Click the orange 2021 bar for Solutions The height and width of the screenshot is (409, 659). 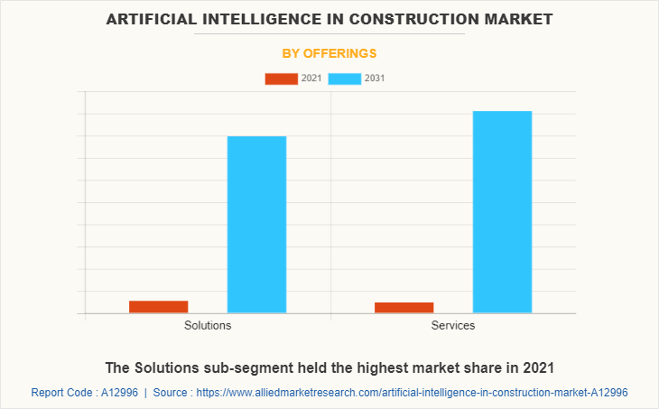point(158,307)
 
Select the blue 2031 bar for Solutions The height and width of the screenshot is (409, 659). point(256,225)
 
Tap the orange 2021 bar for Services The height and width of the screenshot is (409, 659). point(404,308)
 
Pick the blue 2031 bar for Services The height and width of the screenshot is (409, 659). point(502,212)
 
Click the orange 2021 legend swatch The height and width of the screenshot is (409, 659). point(281,79)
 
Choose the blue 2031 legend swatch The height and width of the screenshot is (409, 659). point(345,79)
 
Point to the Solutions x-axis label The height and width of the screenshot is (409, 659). point(208,325)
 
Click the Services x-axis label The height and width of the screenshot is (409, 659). point(453,325)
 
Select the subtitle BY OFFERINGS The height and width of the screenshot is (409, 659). point(329,53)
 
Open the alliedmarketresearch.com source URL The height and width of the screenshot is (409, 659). point(412,393)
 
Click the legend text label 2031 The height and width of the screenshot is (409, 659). point(375,79)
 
